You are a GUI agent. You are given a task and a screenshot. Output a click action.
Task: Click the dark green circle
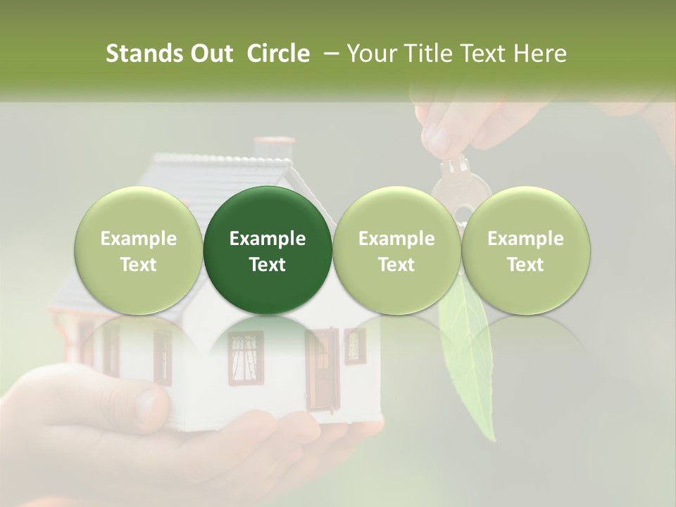[268, 251]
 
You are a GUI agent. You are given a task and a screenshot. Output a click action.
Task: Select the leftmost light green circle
[139, 251]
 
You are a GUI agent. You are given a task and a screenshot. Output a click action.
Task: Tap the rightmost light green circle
[525, 251]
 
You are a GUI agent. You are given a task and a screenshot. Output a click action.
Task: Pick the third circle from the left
[396, 251]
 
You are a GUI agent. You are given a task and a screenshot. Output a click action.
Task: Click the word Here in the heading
[542, 54]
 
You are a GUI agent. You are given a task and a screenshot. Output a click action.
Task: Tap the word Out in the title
[210, 54]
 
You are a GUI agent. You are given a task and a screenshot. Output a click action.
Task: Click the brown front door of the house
[323, 370]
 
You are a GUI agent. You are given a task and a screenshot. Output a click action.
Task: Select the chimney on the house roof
[268, 147]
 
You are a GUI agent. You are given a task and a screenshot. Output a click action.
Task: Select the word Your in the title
[371, 54]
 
